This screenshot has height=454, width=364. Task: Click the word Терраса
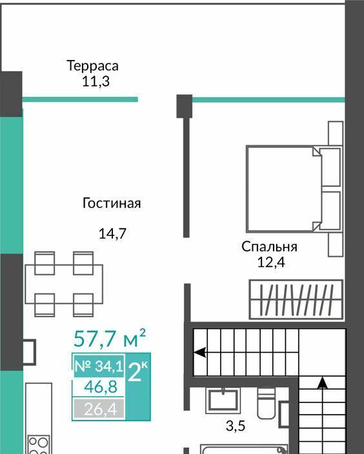[x=92, y=65]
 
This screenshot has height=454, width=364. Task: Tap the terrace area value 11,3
[x=96, y=81]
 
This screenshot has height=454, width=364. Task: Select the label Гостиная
[x=112, y=202]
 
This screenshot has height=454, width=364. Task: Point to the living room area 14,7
[x=112, y=233]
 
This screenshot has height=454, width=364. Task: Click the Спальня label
[x=269, y=247]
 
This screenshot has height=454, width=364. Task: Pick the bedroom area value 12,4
[x=271, y=262]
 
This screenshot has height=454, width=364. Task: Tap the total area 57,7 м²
[x=110, y=338]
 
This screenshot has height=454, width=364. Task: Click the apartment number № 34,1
[x=99, y=366]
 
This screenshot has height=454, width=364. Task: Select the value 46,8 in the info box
[x=101, y=386]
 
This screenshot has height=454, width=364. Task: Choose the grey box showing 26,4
[x=99, y=409]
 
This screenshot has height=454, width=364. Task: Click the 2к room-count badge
[x=137, y=371]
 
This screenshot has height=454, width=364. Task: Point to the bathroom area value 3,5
[x=236, y=426]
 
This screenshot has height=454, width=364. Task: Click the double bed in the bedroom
[x=294, y=189]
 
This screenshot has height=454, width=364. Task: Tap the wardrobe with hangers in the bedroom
[x=296, y=300]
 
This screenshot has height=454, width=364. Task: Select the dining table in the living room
[x=64, y=284]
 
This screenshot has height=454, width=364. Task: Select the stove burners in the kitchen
[x=39, y=445]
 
